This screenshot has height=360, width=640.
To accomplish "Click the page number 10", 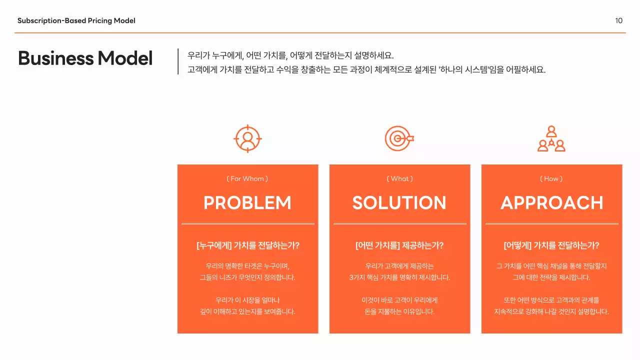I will pos(619,20).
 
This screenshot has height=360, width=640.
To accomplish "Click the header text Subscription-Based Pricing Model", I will pos(76,20).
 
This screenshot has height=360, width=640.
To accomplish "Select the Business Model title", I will pos(85,58).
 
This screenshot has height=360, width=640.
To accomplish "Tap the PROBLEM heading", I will pos(247,202).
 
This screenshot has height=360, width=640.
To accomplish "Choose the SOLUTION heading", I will pos(399,202).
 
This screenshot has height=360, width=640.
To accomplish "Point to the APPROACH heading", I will pos(551,202).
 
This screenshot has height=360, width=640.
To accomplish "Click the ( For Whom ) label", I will pos(247,178).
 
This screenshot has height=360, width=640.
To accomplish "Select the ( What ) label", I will pos(399,178).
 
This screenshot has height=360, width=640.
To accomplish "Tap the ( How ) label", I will pos(551,178).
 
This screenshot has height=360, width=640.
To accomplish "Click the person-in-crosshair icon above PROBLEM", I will pos(247,138).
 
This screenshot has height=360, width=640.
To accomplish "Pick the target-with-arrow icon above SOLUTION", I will pos(399,138).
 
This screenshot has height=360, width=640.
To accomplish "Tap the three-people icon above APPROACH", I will pos(551,138).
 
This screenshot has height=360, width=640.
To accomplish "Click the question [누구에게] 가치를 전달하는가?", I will pos(247,245).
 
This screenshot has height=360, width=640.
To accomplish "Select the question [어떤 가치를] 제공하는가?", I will pos(399,245).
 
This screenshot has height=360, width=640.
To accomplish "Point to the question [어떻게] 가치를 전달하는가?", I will pos(551,245).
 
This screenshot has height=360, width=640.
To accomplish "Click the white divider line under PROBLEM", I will pos(247,224).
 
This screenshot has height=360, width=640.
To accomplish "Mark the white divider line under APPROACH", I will pos(551,224).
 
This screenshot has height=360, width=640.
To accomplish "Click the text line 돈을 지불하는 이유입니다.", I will pos(399,311).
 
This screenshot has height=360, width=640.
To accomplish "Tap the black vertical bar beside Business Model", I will pos(178,61).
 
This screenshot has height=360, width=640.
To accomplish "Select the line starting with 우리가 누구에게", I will pos(291,55).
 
